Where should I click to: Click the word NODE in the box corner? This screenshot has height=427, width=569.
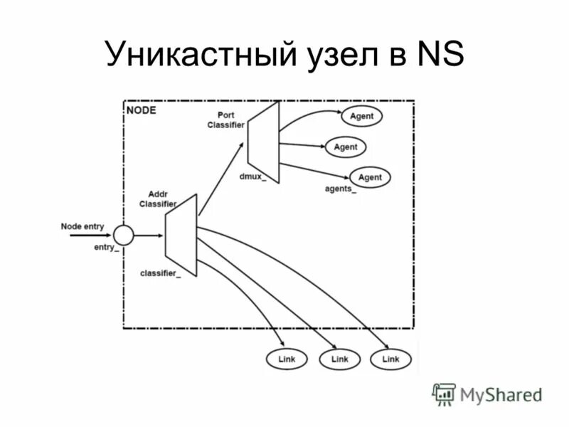coord(141,111)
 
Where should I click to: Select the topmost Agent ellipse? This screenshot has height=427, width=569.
coord(361,116)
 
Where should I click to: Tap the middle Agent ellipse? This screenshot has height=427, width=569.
coord(346,147)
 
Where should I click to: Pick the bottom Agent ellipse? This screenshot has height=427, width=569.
coord(370,177)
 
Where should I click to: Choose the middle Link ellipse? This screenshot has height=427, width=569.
coord(340,359)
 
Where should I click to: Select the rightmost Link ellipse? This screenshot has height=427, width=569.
coord(390,359)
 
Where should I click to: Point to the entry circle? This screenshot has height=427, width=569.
coord(123,235)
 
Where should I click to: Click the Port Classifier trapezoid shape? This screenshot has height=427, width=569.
coord(263,142)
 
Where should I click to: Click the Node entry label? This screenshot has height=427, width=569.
coord(83,226)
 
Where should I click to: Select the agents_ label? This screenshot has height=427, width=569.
coord(341,189)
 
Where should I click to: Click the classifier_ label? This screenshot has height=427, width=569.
coord(160,273)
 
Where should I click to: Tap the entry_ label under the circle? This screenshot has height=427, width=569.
coord(106,247)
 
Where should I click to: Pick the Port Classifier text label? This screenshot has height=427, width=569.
coord(226,120)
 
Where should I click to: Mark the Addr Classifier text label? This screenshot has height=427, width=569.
coord(157,199)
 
